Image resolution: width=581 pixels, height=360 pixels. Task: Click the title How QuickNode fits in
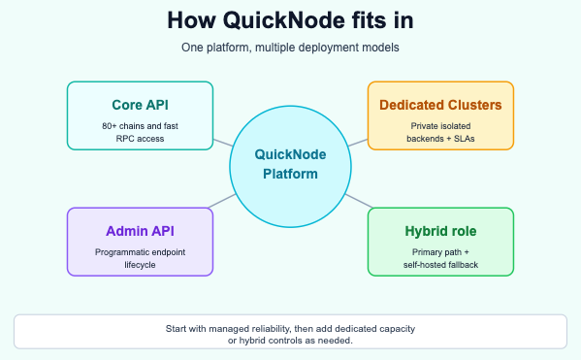click(x=290, y=20)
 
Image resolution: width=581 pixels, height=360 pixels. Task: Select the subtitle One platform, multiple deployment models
click(x=290, y=48)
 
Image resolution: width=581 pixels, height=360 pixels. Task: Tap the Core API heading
click(x=139, y=104)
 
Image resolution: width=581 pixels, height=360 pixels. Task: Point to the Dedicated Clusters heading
click(x=439, y=104)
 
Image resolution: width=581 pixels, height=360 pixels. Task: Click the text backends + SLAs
click(x=439, y=138)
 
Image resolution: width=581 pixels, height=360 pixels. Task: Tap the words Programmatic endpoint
click(x=139, y=250)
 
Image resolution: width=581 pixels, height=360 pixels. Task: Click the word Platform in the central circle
click(x=290, y=175)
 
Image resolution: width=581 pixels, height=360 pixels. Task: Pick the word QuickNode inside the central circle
click(x=290, y=154)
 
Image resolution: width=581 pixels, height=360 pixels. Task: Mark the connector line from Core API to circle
click(x=223, y=138)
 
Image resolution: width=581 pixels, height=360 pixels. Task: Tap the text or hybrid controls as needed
click(x=290, y=341)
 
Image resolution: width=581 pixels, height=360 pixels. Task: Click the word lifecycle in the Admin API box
click(x=139, y=265)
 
